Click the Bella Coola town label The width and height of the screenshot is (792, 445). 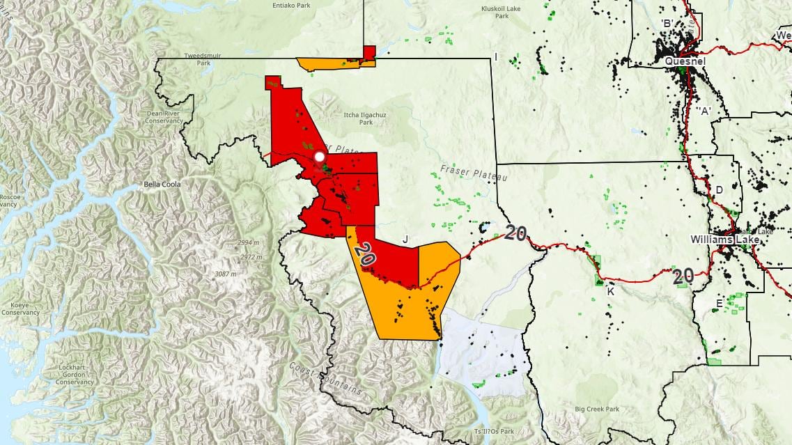point(162,185)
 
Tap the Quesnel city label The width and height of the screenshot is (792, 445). point(685,61)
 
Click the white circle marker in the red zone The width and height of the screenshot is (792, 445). point(320,157)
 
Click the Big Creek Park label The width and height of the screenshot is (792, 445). point(597,409)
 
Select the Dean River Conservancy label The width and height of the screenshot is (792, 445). point(164,116)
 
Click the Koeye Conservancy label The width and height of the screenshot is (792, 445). point(20,309)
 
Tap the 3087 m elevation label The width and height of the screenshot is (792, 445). point(224,274)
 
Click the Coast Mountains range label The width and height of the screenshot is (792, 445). point(326,379)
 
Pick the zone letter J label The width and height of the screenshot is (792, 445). point(405,239)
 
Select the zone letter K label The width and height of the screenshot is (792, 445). point(610,292)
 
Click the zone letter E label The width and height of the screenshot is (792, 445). point(719,303)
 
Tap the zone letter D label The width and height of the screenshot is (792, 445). point(719,189)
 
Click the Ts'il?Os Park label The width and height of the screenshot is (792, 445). point(493,431)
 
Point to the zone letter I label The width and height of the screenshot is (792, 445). point(495,56)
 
